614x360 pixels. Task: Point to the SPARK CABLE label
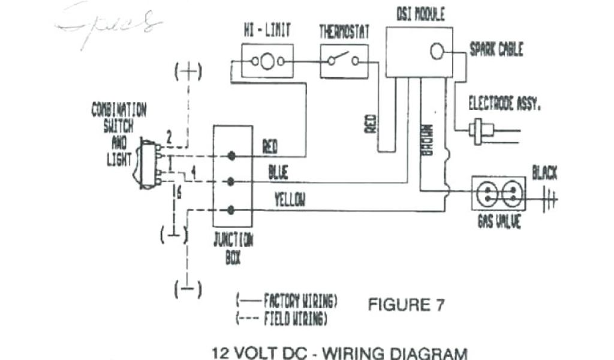click(496, 49)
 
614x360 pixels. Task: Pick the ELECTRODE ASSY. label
click(505, 104)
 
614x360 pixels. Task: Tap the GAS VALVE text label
click(499, 221)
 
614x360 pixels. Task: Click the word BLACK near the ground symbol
click(544, 174)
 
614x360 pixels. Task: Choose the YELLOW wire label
click(289, 200)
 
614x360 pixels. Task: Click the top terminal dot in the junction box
click(231, 156)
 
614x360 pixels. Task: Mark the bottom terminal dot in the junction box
click(231, 209)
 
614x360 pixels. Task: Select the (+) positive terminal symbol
click(188, 72)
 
